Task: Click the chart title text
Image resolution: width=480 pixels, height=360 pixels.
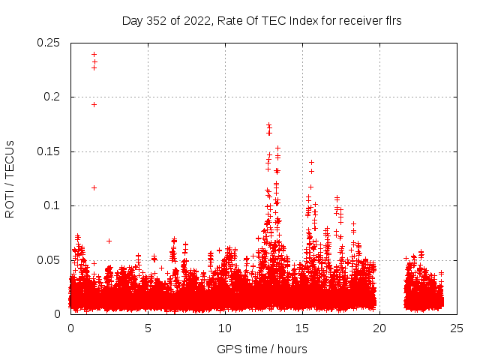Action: (262, 21)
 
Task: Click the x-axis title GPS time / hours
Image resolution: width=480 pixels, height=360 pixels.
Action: (262, 349)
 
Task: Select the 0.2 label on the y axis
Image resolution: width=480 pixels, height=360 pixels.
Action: (52, 97)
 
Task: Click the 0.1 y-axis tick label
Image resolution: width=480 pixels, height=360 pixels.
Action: (52, 205)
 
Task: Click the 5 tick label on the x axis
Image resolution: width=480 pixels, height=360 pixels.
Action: (148, 328)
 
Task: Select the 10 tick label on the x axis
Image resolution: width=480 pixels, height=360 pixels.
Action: (225, 328)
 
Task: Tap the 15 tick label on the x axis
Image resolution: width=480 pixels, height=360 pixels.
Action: (302, 328)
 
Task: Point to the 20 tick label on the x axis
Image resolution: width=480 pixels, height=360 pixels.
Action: (379, 328)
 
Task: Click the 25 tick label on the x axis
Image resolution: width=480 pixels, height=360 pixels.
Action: (457, 328)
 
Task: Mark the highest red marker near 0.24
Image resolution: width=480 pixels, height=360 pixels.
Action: (94, 54)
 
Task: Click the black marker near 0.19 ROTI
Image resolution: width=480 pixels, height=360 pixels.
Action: (94, 104)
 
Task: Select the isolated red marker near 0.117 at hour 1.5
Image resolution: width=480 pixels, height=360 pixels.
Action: (94, 187)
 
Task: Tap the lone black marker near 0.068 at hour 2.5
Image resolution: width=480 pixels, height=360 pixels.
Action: (109, 241)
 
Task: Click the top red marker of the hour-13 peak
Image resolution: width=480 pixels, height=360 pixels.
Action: (268, 124)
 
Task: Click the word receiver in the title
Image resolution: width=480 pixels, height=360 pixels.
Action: (359, 21)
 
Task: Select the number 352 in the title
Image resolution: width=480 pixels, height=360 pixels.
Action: (158, 21)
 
